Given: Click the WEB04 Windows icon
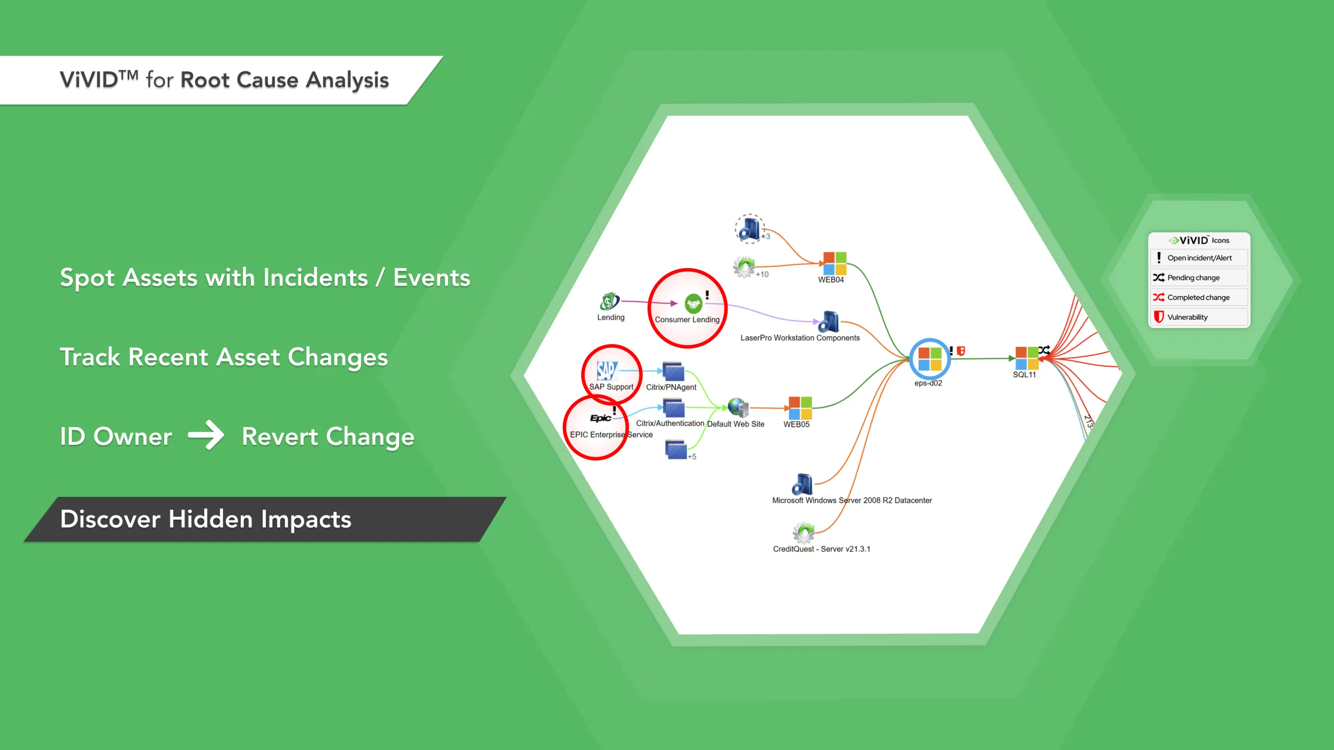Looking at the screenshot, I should pyautogui.click(x=834, y=263).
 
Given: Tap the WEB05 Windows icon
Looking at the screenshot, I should pyautogui.click(x=800, y=408).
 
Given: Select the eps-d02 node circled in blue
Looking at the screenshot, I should pyautogui.click(x=929, y=359).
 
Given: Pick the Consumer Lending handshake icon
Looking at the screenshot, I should pyautogui.click(x=693, y=303).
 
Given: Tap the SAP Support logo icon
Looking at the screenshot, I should pyautogui.click(x=607, y=371).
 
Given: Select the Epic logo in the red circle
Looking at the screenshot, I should pyautogui.click(x=600, y=418).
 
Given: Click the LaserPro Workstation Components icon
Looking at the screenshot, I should pyautogui.click(x=829, y=322).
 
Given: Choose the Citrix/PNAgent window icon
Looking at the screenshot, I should pyautogui.click(x=673, y=371).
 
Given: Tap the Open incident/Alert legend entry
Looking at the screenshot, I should pyautogui.click(x=1199, y=258).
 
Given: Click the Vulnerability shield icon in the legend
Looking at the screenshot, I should pyautogui.click(x=1158, y=317).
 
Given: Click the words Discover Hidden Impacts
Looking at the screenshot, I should pyautogui.click(x=206, y=519).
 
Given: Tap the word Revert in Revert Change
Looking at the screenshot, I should pyautogui.click(x=279, y=436).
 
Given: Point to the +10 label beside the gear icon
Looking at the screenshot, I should pyautogui.click(x=762, y=274).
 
